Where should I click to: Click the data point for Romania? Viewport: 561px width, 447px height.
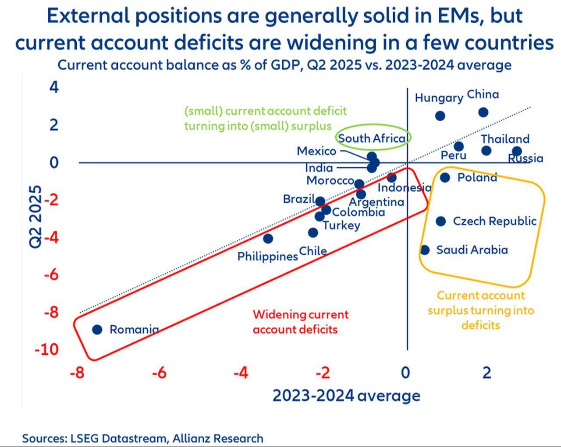tap(97, 329)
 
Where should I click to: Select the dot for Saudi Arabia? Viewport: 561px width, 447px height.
tap(425, 250)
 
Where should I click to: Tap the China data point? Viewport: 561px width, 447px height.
tap(483, 112)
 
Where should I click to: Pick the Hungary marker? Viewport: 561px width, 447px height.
tap(440, 116)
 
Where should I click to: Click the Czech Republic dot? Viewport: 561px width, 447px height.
tap(441, 221)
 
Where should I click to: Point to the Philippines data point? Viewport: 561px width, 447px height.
tap(268, 239)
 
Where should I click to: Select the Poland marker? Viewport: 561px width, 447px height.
tap(445, 177)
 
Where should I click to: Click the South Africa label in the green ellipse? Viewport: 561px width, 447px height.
tap(372, 138)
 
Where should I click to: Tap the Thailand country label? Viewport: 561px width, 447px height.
tap(505, 139)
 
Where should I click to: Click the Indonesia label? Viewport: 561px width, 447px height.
tap(404, 188)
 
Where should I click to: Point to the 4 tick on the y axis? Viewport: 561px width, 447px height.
tap(54, 88)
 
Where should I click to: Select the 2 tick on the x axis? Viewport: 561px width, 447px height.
tap(486, 373)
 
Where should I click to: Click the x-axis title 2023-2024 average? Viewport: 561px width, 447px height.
tap(346, 395)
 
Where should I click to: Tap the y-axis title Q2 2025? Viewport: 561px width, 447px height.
tap(36, 217)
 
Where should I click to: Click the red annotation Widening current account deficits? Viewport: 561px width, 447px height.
tap(301, 322)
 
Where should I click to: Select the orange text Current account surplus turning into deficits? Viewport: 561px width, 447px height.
tap(481, 310)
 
